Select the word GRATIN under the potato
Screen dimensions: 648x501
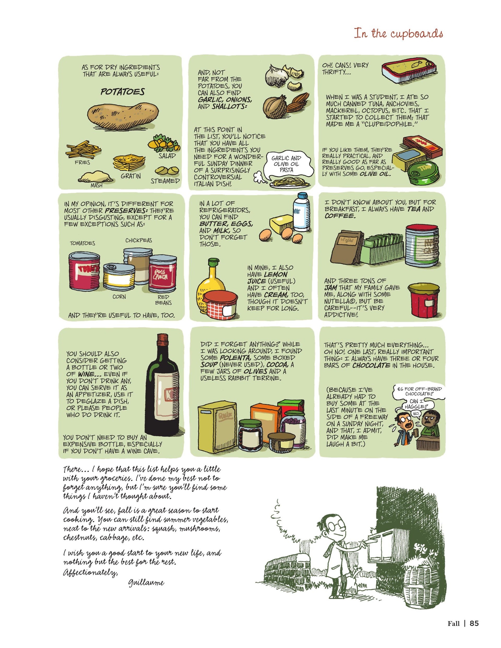pyautogui.click(x=131, y=176)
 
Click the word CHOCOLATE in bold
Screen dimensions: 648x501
pyautogui.click(x=371, y=365)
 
